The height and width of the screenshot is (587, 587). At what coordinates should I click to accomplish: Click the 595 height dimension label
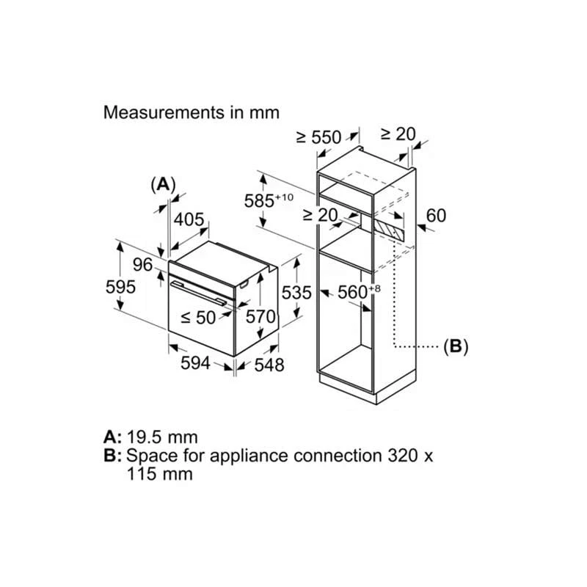pyautogui.click(x=120, y=287)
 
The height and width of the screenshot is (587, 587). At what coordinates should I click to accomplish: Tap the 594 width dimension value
pyautogui.click(x=196, y=362)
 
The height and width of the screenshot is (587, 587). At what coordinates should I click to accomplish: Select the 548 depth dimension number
pyautogui.click(x=269, y=365)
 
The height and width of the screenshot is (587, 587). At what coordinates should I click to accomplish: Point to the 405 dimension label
pyautogui.click(x=189, y=219)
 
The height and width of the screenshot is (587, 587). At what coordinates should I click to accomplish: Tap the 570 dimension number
pyautogui.click(x=260, y=317)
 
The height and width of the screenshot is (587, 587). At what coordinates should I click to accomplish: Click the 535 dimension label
pyautogui.click(x=297, y=292)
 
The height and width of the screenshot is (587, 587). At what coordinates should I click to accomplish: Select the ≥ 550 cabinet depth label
pyautogui.click(x=318, y=136)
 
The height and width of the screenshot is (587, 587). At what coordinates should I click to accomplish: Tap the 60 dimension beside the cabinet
pyautogui.click(x=436, y=216)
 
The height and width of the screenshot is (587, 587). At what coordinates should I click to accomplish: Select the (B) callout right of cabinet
pyautogui.click(x=456, y=346)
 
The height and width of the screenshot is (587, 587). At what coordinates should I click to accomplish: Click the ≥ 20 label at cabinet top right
pyautogui.click(x=398, y=134)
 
